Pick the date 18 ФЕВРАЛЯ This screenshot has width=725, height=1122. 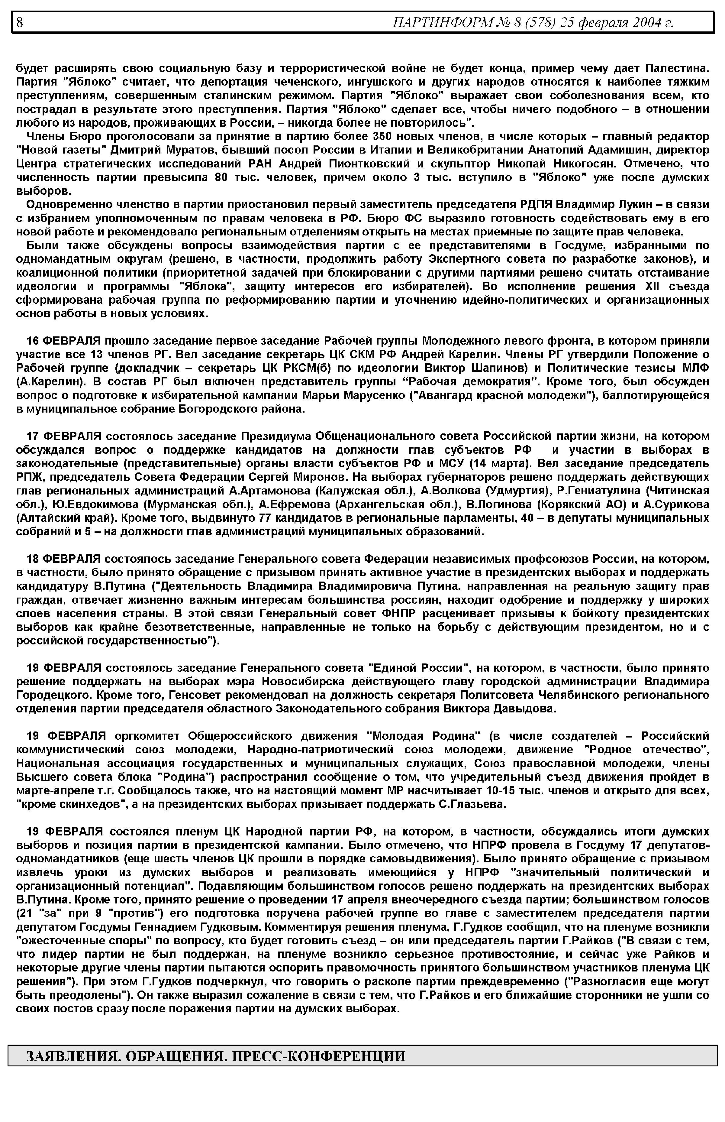63,559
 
